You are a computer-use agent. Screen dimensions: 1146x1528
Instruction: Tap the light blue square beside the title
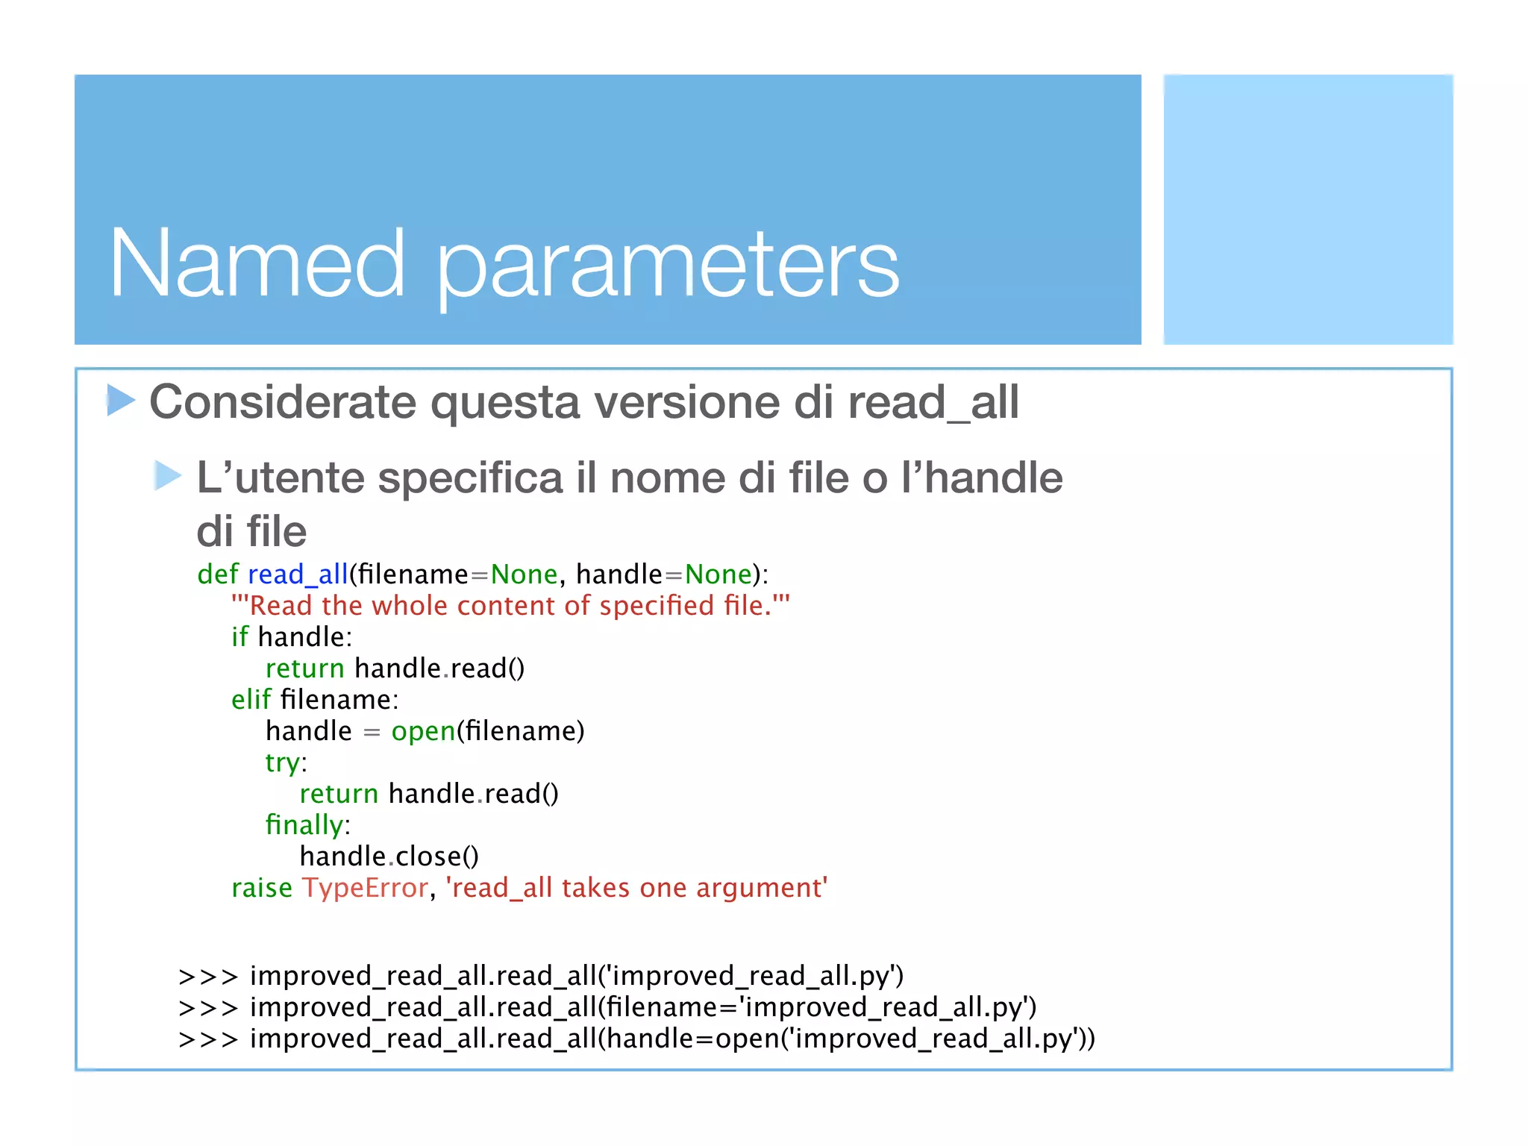(1307, 209)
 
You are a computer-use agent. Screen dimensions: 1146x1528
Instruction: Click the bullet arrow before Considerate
(121, 400)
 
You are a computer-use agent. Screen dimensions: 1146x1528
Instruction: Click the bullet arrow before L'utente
(168, 475)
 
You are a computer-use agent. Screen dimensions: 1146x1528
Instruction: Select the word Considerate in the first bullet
(283, 402)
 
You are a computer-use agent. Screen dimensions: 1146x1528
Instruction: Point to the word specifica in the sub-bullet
(470, 478)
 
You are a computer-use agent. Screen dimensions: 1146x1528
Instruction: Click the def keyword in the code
(217, 574)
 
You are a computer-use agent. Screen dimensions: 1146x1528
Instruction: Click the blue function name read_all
(298, 574)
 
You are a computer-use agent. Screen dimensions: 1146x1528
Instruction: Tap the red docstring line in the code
(510, 605)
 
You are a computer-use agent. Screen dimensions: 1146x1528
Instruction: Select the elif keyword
(251, 699)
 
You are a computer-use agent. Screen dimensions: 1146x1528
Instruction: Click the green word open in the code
(423, 731)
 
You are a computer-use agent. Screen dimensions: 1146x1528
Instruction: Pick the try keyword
(283, 763)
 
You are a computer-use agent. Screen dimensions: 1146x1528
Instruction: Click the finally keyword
(304, 824)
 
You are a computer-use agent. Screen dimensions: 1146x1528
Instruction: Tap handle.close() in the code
(389, 856)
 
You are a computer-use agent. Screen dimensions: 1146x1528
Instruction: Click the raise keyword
(262, 888)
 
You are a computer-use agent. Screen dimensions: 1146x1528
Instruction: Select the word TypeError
(365, 888)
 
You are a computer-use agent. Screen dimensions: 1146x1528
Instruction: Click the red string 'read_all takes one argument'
(636, 888)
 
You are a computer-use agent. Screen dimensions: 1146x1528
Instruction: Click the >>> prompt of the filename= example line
(207, 1008)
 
